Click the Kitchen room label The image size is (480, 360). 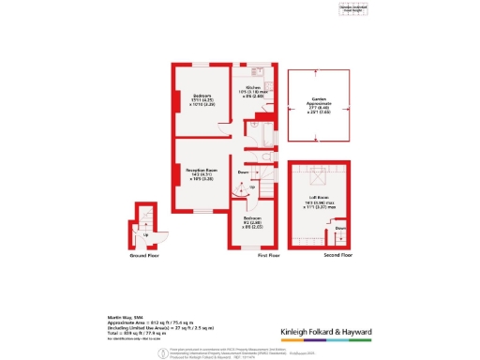click(x=252, y=87)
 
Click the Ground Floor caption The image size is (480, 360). click(x=143, y=254)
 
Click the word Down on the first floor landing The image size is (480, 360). click(x=243, y=172)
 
